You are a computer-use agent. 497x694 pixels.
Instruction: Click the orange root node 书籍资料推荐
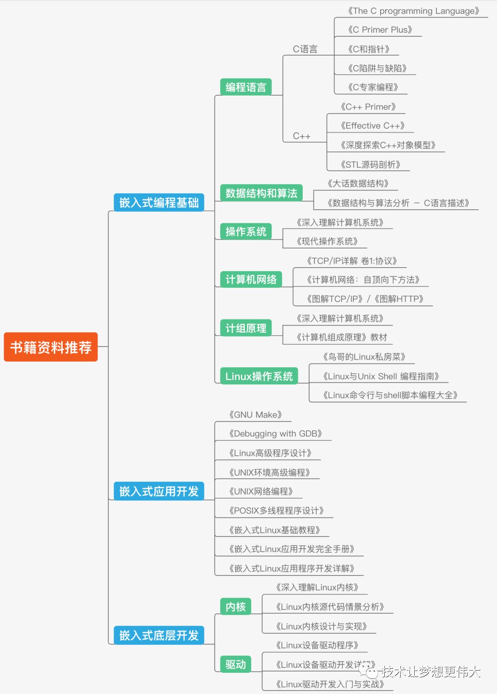[x=51, y=347]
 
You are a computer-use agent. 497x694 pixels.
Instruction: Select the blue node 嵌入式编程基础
[x=159, y=202]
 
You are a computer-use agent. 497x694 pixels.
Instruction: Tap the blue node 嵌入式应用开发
[x=159, y=491]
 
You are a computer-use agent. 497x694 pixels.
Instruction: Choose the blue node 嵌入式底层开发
[x=159, y=635]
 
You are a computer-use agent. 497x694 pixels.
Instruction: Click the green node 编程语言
[x=246, y=87]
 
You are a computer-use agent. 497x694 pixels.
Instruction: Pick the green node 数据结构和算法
[x=261, y=193]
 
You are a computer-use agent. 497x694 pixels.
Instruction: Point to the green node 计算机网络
[x=251, y=279]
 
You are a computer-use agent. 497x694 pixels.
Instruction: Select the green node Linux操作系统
[x=259, y=376]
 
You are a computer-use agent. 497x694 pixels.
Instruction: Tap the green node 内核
[x=236, y=607]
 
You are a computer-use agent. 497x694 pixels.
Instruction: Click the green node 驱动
[x=236, y=664]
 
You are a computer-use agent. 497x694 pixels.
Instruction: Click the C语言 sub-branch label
[x=305, y=49]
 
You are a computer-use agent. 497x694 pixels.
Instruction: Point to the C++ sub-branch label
[x=301, y=136]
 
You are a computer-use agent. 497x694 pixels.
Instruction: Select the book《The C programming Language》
[x=413, y=11]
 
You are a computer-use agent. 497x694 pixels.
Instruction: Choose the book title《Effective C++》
[x=372, y=126]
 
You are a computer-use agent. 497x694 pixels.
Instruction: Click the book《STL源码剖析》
[x=370, y=165]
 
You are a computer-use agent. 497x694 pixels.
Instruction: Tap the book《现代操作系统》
[x=327, y=241]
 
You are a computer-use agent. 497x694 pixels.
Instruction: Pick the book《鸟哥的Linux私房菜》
[x=364, y=357]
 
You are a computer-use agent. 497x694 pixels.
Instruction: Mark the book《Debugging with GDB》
[x=275, y=434]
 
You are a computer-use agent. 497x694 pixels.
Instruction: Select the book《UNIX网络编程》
[x=261, y=492]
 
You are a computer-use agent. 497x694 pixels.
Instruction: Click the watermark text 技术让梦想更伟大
[x=430, y=671]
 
